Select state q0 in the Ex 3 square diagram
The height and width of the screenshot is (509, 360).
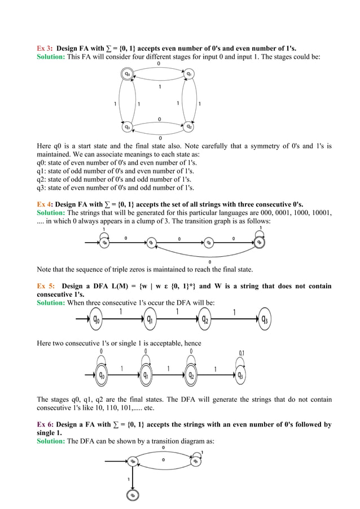coord(128,73)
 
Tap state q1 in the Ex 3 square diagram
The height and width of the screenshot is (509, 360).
coord(190,73)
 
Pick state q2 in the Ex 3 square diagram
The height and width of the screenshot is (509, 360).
coord(190,127)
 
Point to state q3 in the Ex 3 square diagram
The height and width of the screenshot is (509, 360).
coord(128,127)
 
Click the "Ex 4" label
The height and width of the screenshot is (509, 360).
coord(44,204)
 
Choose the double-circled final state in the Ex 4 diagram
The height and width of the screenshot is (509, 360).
coord(259,242)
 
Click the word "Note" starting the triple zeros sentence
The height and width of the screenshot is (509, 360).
coord(45,269)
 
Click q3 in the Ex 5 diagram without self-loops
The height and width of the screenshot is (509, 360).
coord(264,320)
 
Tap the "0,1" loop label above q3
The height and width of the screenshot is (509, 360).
coord(242,353)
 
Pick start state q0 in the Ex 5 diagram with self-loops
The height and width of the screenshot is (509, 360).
coord(102,375)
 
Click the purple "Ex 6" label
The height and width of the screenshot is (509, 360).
coord(44,424)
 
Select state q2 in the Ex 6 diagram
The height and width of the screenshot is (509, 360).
coord(133,494)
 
